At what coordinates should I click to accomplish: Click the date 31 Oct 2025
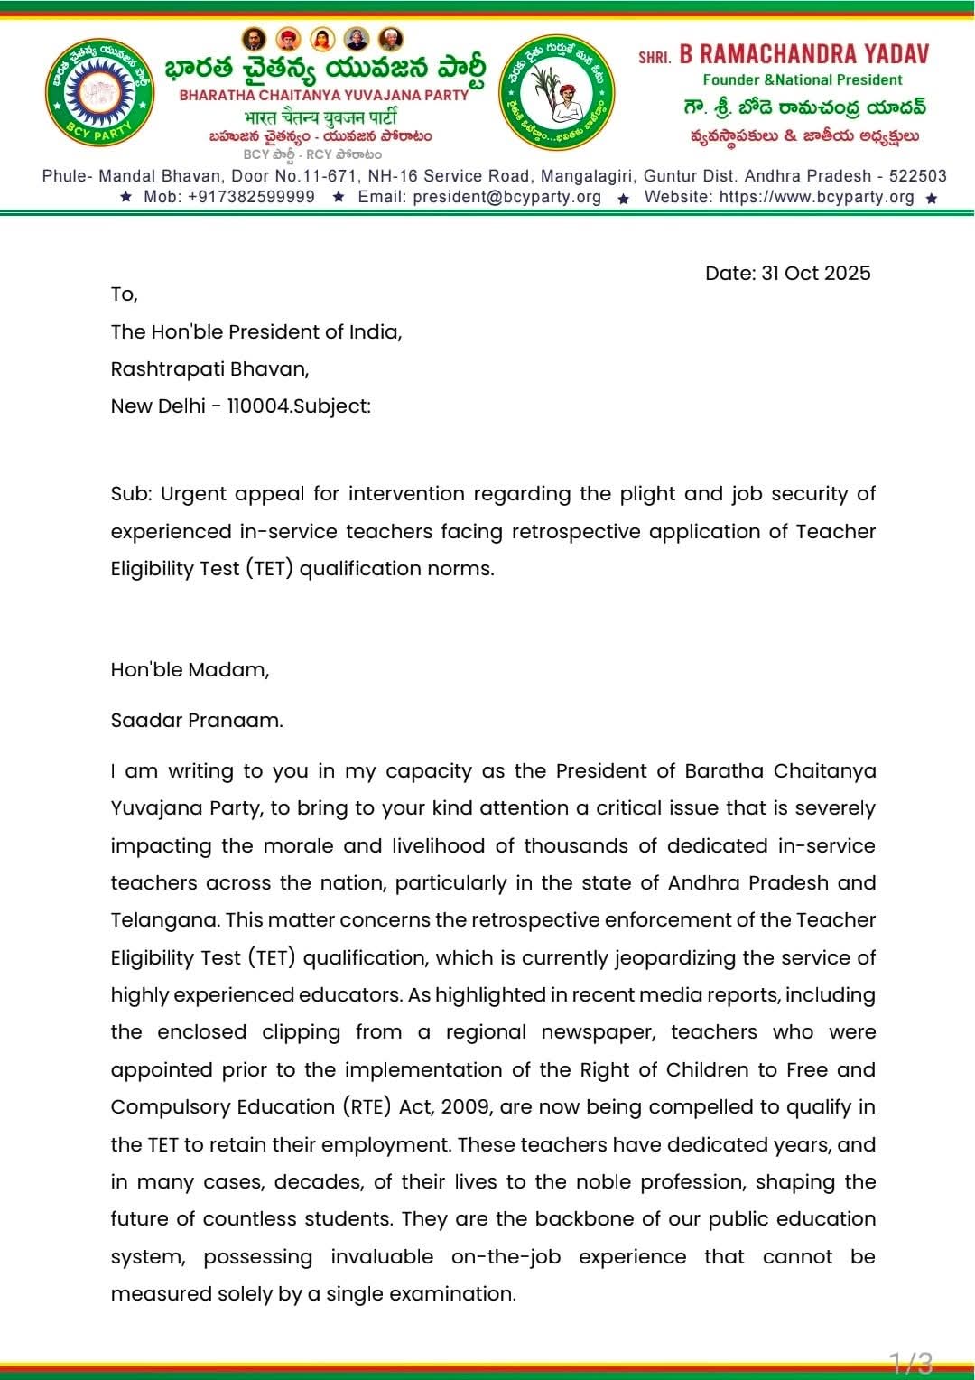[x=787, y=274]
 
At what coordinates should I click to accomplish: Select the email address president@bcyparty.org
[x=506, y=197]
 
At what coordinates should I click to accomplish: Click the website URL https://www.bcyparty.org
[x=816, y=197]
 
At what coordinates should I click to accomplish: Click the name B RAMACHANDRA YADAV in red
[x=804, y=54]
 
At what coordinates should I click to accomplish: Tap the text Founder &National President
[x=803, y=80]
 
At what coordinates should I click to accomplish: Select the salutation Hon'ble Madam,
[x=190, y=670]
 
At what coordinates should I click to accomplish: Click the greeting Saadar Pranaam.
[x=197, y=721]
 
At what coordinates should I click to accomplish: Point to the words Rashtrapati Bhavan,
[x=209, y=369]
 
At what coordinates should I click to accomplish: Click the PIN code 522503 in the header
[x=918, y=176]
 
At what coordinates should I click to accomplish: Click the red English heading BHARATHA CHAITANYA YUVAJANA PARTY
[x=324, y=95]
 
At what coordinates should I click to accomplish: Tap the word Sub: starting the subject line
[x=131, y=494]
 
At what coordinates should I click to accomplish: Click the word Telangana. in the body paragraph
[x=164, y=920]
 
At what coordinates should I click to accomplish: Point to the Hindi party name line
[x=320, y=117]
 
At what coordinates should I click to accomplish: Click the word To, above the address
[x=124, y=294]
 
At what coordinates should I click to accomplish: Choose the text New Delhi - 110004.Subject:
[x=240, y=406]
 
